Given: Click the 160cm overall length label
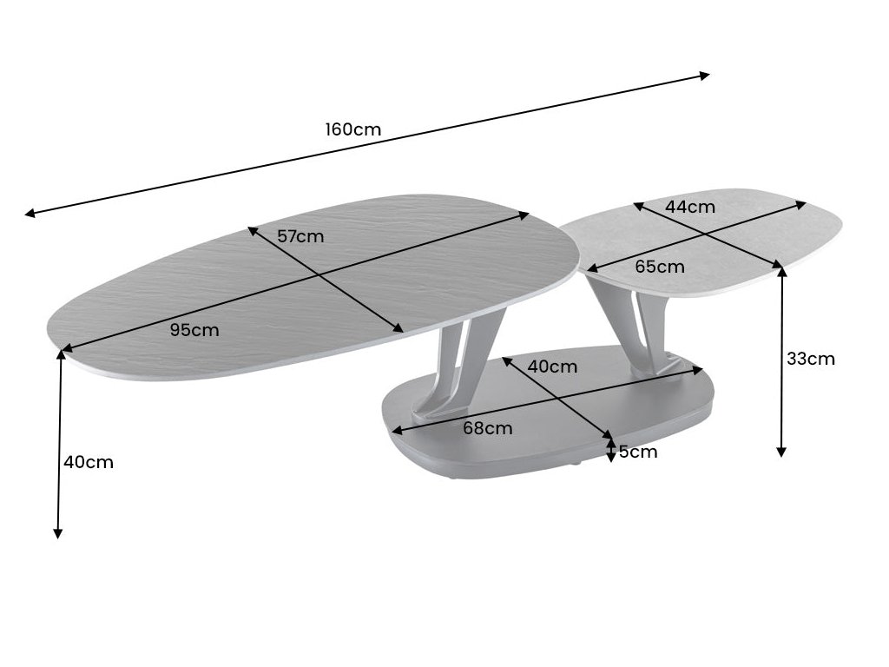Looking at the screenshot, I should coord(353,129).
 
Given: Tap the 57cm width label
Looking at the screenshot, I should coord(300,235).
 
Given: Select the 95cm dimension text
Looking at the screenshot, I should coord(194,329).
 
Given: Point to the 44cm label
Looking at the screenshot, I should coord(690,207).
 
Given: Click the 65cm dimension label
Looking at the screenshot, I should coord(659,267).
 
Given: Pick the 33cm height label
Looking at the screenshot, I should coord(811,358).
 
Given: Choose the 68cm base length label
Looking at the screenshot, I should coord(487,428).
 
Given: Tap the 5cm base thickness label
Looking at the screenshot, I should coord(638,452).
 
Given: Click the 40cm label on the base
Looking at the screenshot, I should coord(552,367).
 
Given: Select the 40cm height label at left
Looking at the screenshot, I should coord(89,462).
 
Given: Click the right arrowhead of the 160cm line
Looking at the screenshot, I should coord(704,76).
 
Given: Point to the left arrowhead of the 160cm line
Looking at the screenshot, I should coord(30,213).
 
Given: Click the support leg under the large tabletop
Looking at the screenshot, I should coord(460,365).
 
